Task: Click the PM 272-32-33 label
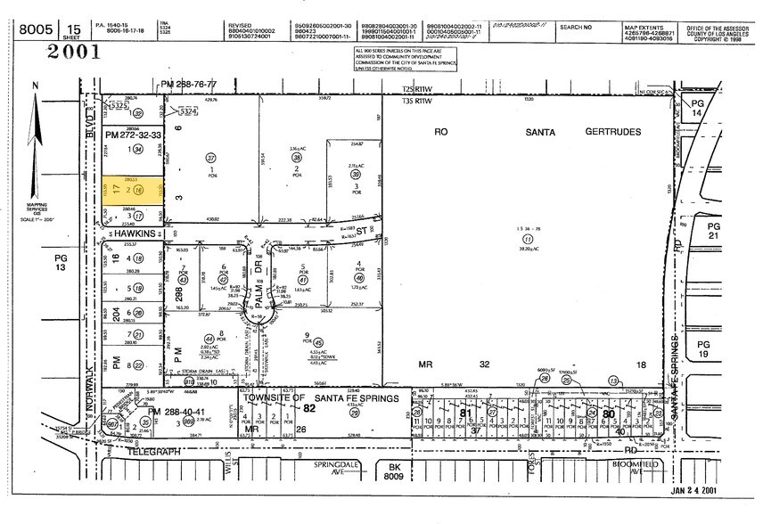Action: [x=132, y=135]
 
